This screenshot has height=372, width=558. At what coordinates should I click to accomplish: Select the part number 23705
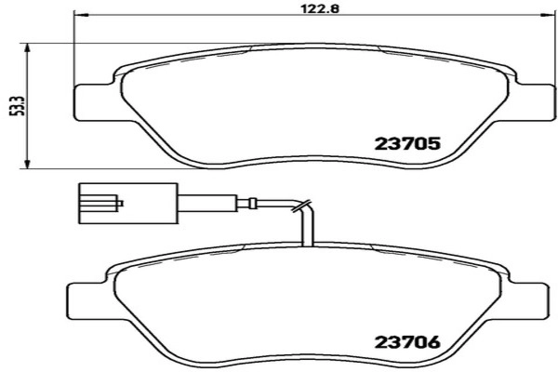click(x=405, y=144)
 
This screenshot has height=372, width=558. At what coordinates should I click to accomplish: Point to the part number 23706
click(x=405, y=342)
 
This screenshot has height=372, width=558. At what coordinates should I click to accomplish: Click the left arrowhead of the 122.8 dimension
click(x=78, y=17)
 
